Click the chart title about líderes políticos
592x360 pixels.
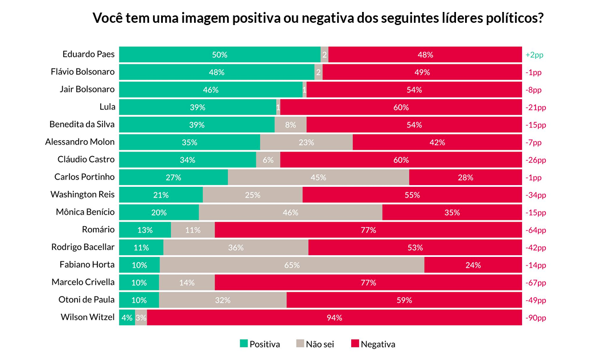(318, 18)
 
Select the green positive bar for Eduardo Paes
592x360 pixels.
(220, 55)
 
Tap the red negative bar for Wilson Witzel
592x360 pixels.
(334, 317)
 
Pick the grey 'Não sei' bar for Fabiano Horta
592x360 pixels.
(292, 265)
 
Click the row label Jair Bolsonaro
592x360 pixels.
(87, 89)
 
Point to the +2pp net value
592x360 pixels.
(535, 55)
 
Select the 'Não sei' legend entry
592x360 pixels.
(315, 344)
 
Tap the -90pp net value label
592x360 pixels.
(536, 318)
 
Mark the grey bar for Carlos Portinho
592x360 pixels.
(318, 177)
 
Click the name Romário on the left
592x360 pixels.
(98, 230)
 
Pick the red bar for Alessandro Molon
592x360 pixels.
(437, 142)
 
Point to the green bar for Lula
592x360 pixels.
(198, 107)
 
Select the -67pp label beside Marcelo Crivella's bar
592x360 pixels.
(536, 283)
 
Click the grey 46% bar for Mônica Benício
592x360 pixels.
(290, 212)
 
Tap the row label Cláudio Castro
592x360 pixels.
(86, 159)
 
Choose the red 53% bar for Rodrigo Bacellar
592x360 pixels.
(415, 247)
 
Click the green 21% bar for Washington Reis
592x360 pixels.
(161, 195)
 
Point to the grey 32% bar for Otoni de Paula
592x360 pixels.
(223, 300)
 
